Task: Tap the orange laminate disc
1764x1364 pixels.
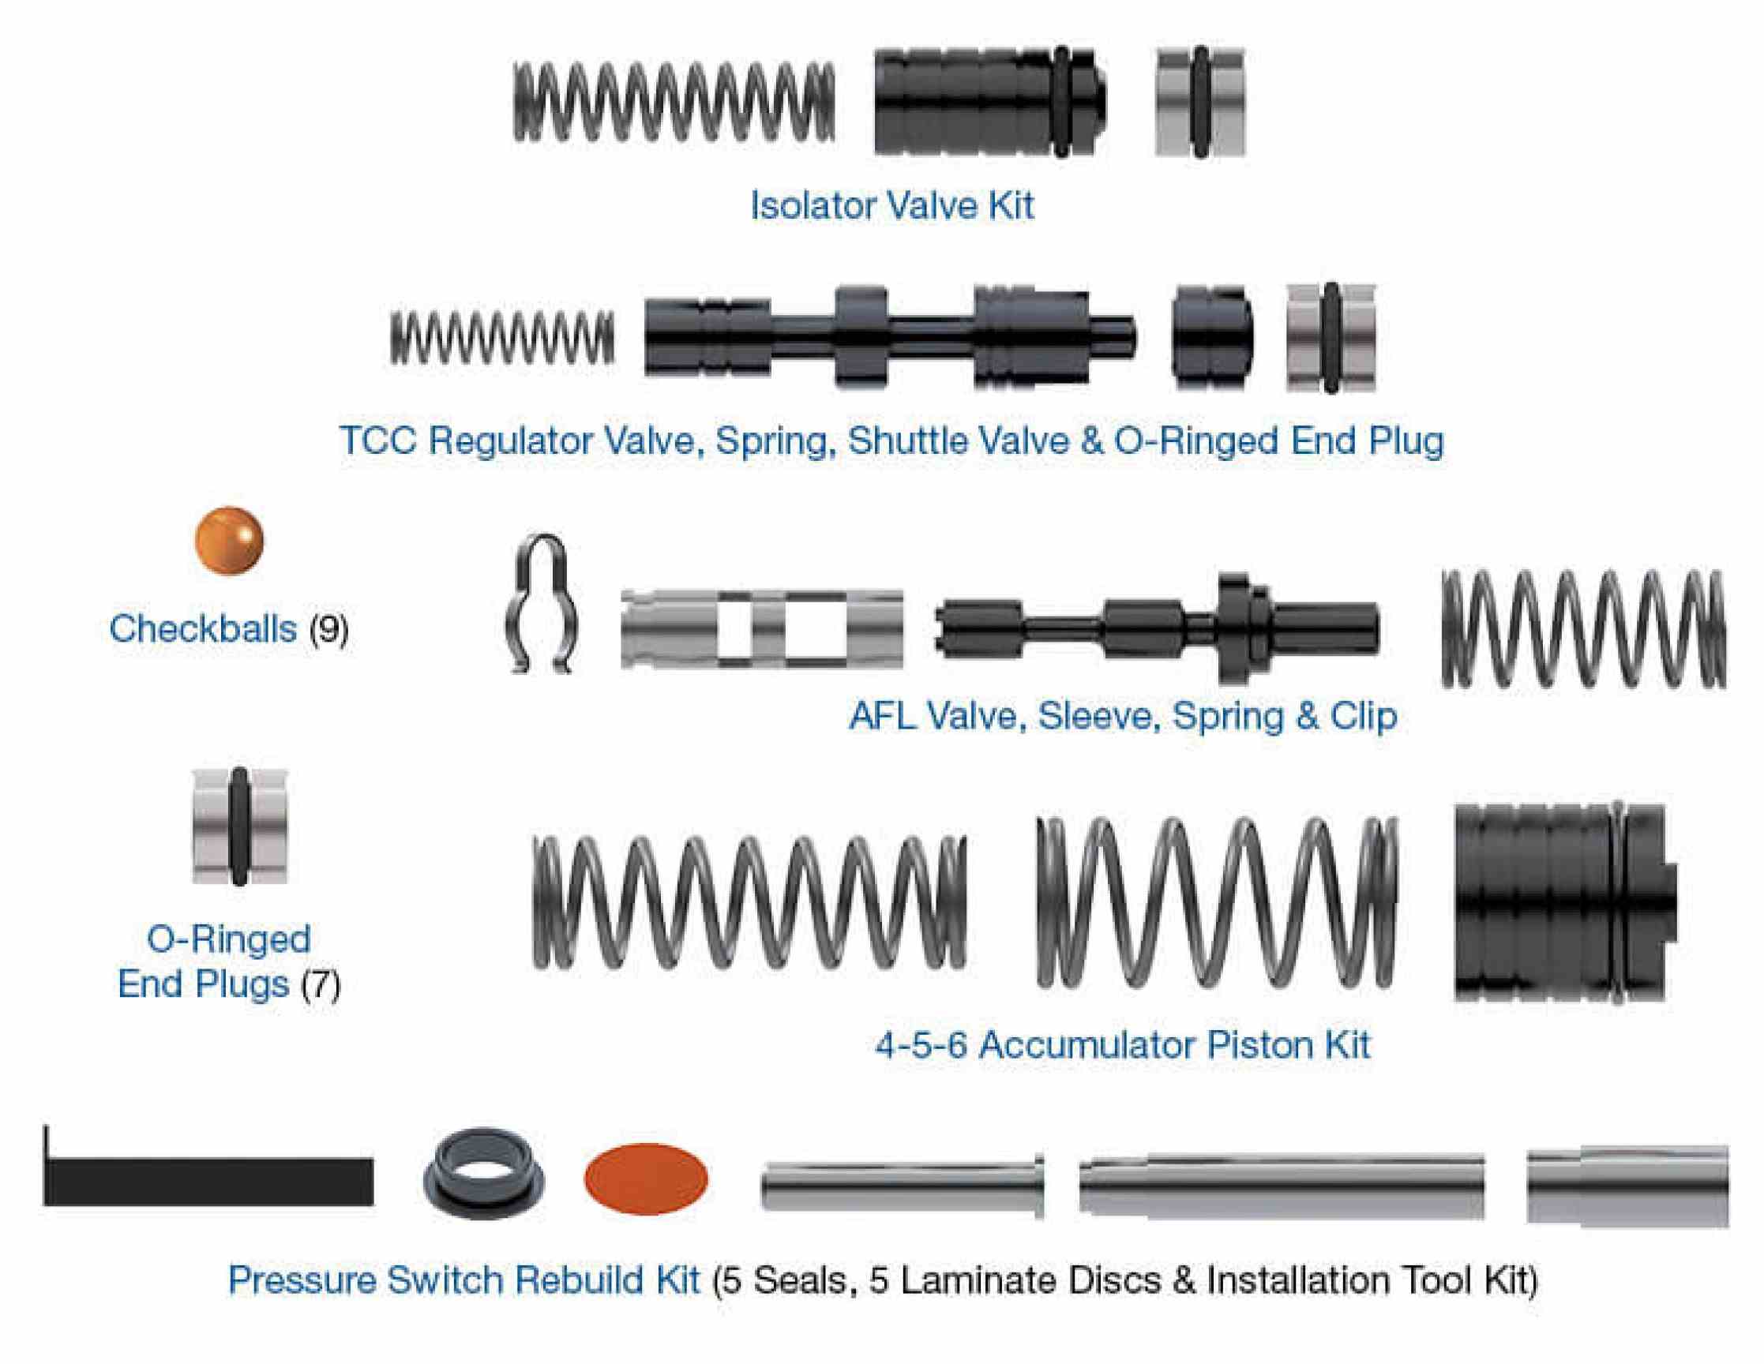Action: coord(645,1179)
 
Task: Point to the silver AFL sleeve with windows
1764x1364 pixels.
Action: coord(761,629)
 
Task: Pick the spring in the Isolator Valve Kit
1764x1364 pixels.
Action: coord(674,103)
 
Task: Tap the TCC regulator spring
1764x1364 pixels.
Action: coord(501,337)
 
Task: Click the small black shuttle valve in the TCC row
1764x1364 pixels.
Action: coord(1211,337)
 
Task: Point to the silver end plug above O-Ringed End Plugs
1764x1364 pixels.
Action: coord(239,826)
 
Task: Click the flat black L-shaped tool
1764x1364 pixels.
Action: coord(208,1182)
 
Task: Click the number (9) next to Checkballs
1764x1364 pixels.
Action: coord(328,629)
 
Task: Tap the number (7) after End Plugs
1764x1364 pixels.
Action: coord(321,984)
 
